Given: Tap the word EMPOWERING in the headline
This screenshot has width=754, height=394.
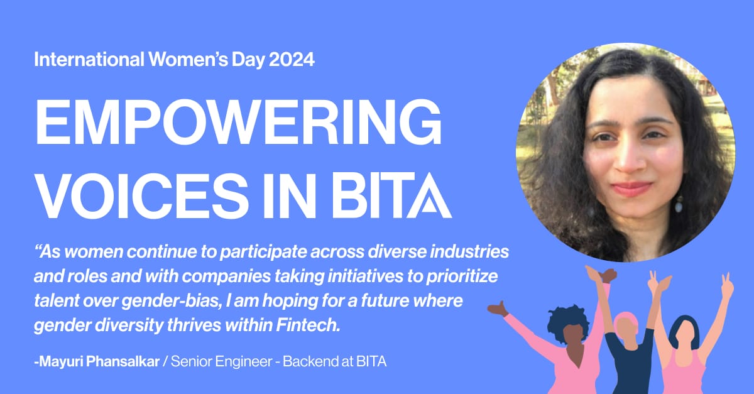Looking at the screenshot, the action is tap(239, 122).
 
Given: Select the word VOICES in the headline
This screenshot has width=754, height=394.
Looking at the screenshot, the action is tap(140, 195).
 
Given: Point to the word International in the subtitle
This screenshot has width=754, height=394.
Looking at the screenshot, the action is tap(89, 59).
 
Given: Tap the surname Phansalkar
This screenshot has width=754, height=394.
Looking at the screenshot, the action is tap(123, 361).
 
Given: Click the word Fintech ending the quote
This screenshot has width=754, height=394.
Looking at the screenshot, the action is tap(308, 325).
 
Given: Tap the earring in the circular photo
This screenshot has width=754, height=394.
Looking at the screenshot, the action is tap(679, 204).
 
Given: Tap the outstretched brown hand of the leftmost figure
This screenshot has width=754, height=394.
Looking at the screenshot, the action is tap(498, 309).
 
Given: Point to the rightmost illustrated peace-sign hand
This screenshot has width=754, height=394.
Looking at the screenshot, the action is tap(726, 285).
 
